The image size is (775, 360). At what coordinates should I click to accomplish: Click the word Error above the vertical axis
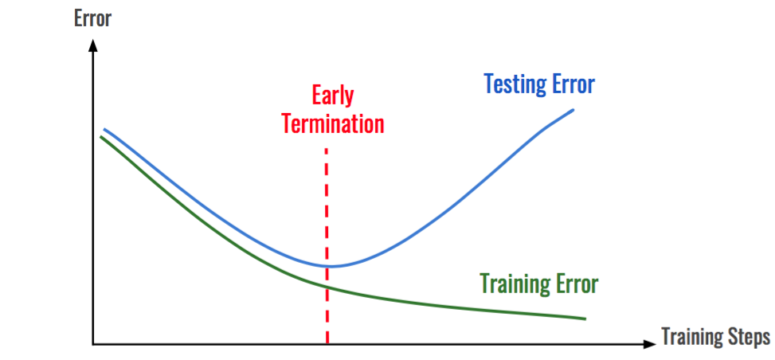click(x=92, y=18)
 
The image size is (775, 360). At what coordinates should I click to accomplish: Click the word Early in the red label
click(x=332, y=96)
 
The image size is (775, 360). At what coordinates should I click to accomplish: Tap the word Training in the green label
click(x=514, y=284)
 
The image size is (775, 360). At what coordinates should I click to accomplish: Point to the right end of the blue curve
click(x=573, y=109)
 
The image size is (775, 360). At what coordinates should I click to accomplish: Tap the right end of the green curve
click(x=585, y=319)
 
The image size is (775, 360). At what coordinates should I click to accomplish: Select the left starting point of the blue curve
click(x=104, y=129)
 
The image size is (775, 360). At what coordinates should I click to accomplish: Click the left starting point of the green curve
click(x=101, y=137)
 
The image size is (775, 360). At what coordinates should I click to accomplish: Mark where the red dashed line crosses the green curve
click(x=327, y=287)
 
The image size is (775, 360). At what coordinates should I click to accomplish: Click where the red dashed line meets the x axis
click(x=327, y=344)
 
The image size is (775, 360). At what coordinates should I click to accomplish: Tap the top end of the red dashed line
click(x=327, y=149)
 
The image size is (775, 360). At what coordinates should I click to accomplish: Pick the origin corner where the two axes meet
click(x=93, y=345)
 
